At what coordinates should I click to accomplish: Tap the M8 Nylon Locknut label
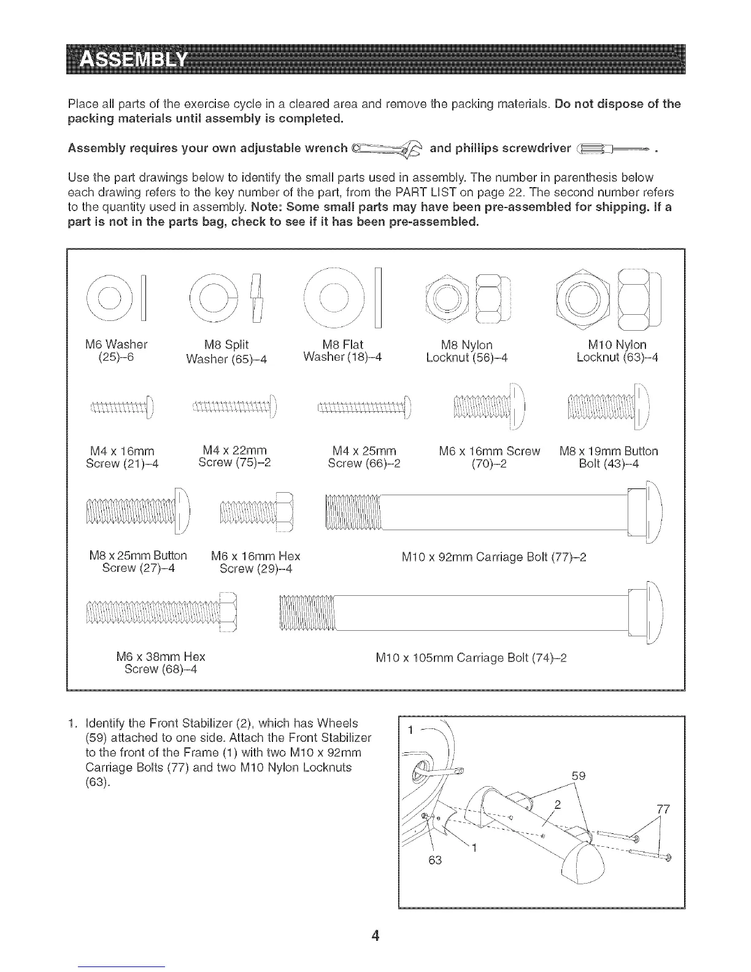(467, 351)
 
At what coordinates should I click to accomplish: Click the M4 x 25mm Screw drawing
(366, 406)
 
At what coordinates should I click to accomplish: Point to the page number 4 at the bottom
(375, 936)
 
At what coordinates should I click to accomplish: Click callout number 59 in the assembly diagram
(578, 776)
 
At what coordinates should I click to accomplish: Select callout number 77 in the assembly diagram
(661, 809)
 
